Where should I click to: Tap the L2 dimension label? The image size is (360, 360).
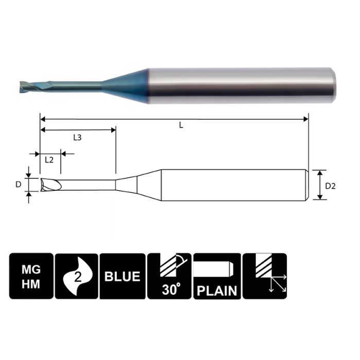[x=49, y=159]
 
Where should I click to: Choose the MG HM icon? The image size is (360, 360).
[x=31, y=276]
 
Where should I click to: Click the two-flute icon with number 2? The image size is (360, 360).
[x=76, y=276]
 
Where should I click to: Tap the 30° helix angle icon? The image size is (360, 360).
[x=169, y=276]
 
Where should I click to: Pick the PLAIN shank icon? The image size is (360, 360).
[x=216, y=276]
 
